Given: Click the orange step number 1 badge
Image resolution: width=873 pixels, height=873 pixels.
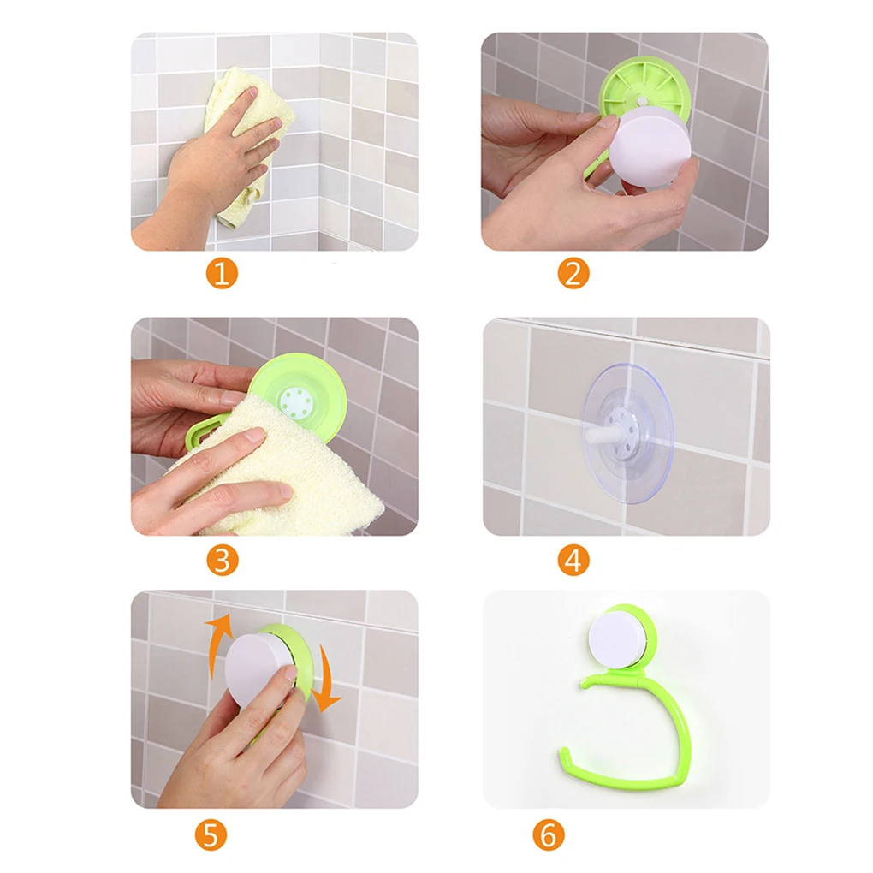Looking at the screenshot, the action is pos(223,273).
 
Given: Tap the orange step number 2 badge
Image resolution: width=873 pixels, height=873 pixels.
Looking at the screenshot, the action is pos(573,273).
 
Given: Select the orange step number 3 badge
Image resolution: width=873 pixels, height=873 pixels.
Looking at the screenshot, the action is pos(223,560).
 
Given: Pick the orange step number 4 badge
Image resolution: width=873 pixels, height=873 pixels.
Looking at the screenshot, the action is pos(573,560).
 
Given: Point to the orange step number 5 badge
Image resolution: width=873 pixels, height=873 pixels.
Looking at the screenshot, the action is pos(211,834).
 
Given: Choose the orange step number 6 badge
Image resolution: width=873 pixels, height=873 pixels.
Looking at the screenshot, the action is pos(549,834).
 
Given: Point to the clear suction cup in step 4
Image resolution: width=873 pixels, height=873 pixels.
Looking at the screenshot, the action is pos(628,434).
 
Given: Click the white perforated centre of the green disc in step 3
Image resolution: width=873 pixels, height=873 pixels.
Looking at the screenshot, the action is pos(294,401).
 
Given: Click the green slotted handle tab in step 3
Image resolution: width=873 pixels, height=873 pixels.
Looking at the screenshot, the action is pos(204,432).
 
